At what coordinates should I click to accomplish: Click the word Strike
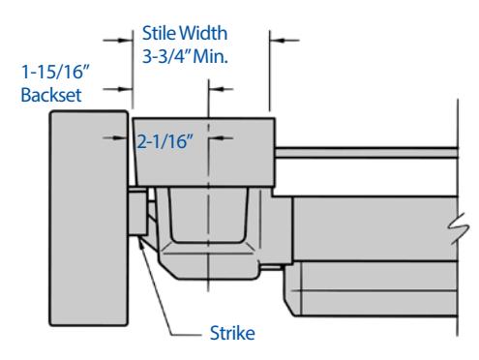pos(232,333)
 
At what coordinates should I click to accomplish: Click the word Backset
pos(51,95)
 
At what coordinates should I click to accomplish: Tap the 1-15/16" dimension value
pos(55,72)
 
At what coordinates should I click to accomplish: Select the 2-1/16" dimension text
pos(165,141)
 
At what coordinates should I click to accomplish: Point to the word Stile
pos(159,33)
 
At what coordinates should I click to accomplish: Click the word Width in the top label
pos(203,33)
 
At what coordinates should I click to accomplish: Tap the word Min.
pos(210,56)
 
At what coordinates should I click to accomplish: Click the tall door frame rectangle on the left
pos(89,218)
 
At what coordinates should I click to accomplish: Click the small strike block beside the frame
pos(137,212)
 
